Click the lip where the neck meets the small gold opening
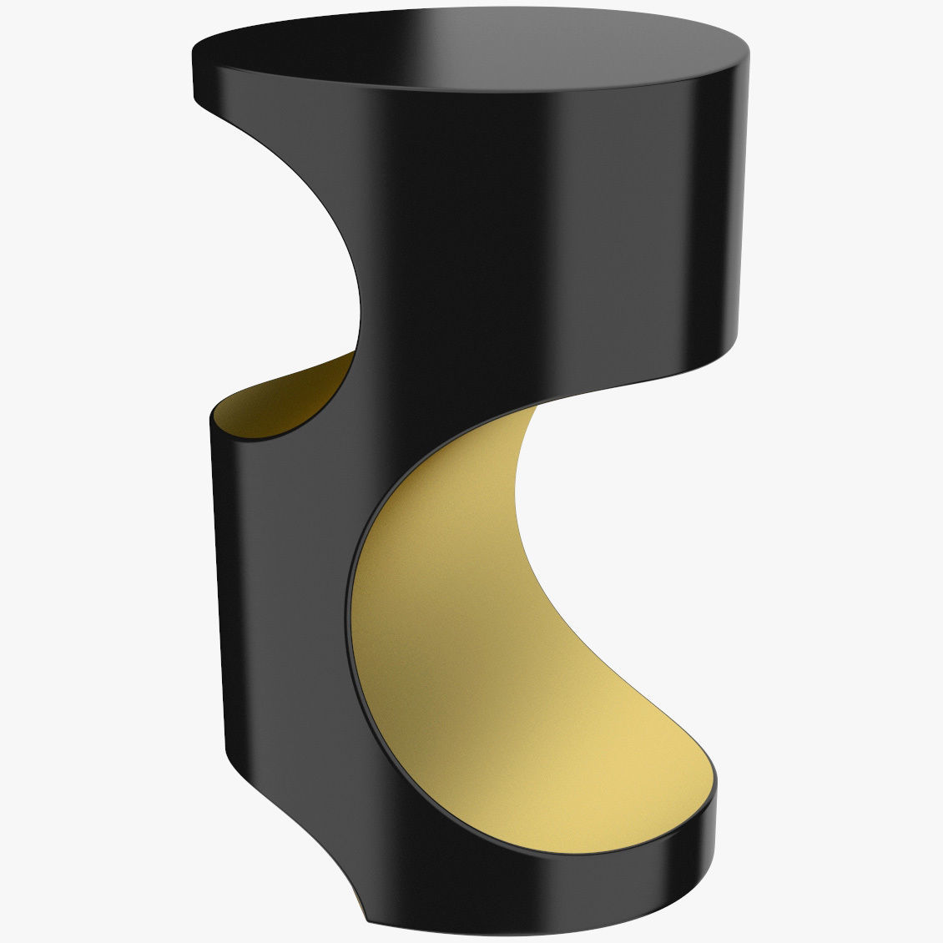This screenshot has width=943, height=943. (354, 354)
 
